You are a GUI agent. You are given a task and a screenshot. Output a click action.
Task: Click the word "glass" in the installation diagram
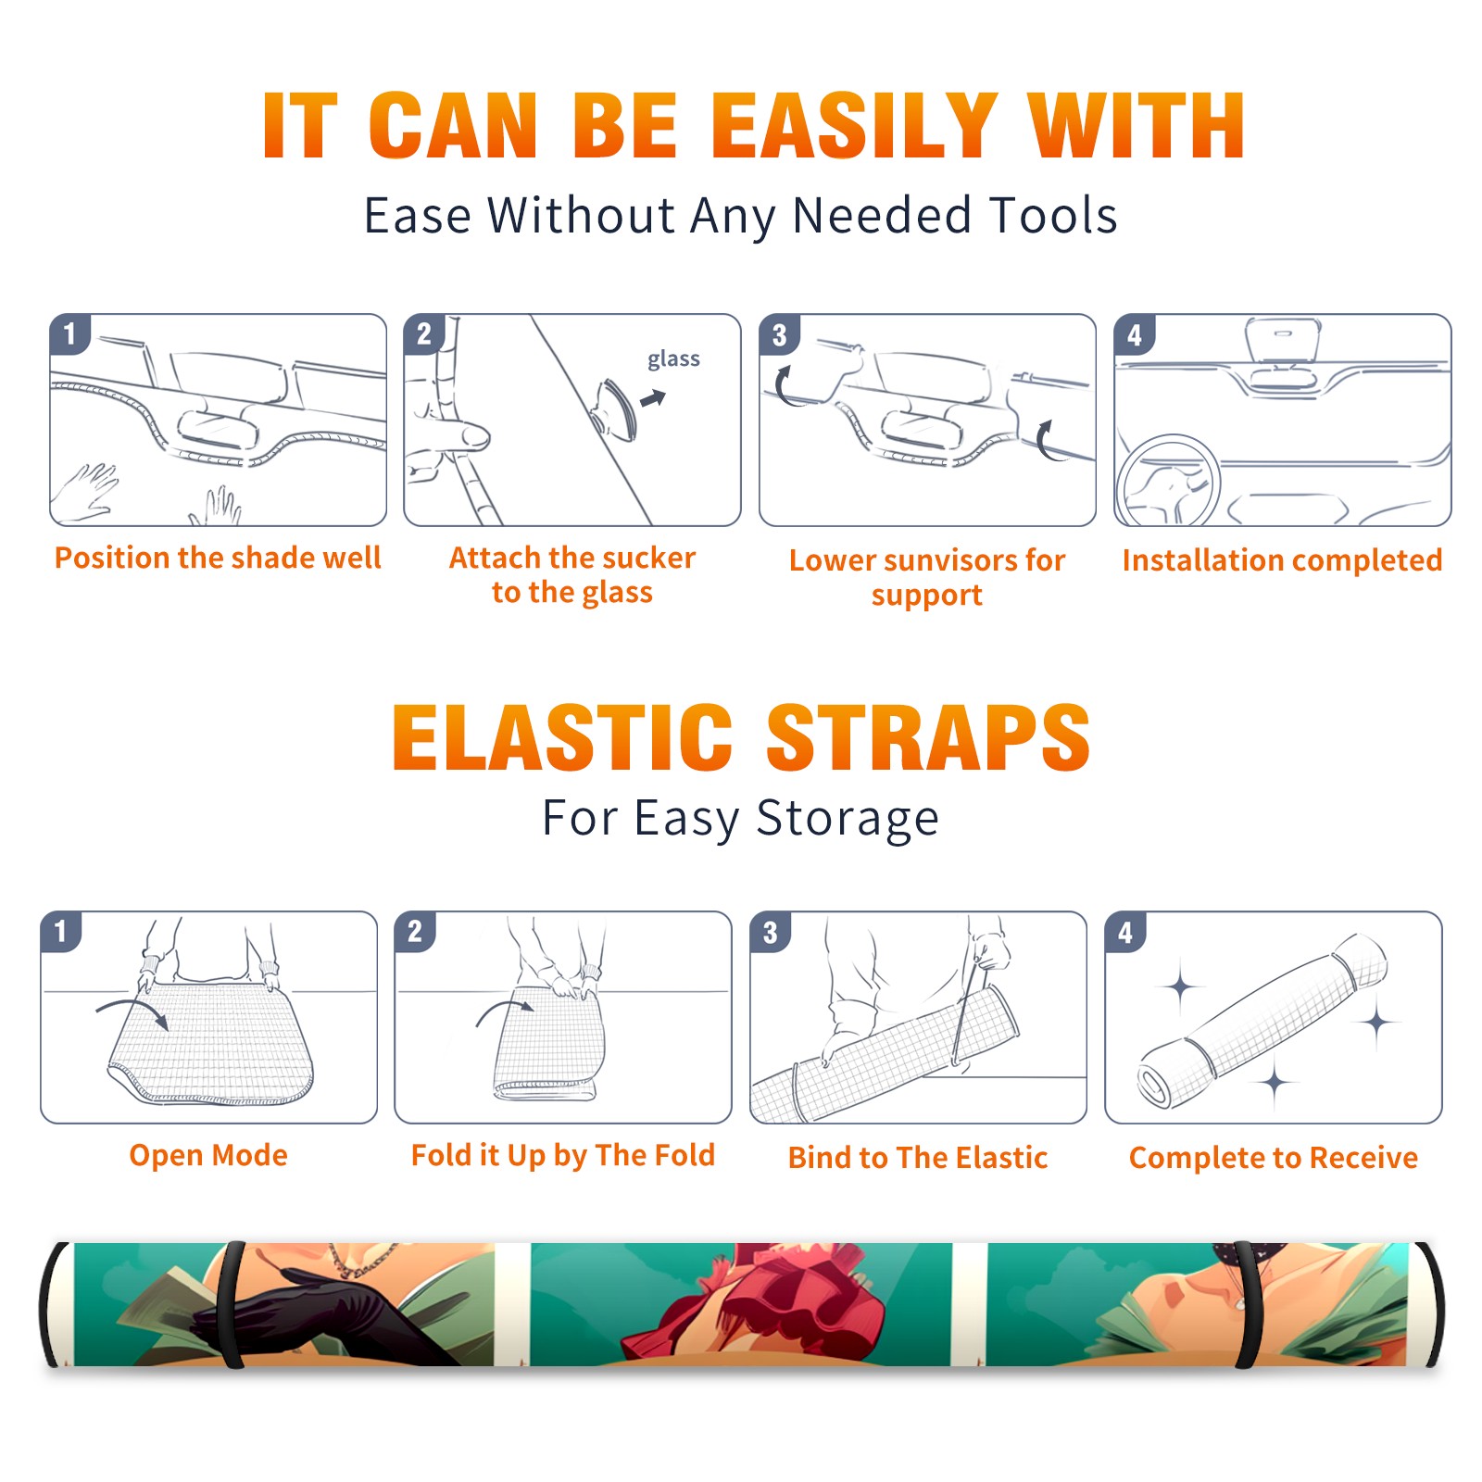673,359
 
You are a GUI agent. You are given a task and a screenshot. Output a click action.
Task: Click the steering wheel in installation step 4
1168,482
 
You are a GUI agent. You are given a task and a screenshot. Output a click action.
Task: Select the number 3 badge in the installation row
780,335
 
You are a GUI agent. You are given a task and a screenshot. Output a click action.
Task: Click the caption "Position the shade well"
218,558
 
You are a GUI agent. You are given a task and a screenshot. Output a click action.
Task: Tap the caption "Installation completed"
1282,560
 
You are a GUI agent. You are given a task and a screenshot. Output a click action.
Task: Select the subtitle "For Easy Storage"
741,818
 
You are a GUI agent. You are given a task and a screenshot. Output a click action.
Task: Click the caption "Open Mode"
208,1156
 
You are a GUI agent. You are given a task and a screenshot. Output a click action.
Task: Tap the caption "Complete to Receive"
1274,1158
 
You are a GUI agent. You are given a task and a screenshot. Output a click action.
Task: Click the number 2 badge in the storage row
415,932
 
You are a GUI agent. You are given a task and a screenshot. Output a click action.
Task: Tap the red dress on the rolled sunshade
755,1301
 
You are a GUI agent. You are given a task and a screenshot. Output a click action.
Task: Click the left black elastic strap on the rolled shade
231,1305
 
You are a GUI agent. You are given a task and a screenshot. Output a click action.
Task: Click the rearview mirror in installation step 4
1283,340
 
